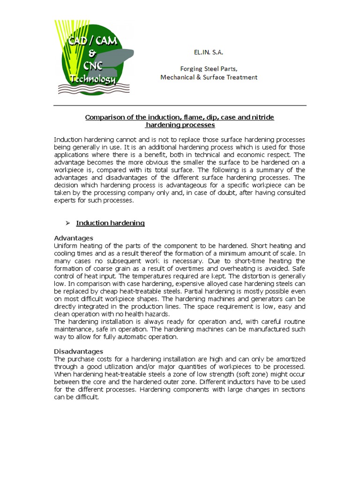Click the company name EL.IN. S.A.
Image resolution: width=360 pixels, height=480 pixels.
[209, 53]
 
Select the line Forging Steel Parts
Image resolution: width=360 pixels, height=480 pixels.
[209, 68]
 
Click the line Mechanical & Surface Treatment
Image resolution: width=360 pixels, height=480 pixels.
[209, 77]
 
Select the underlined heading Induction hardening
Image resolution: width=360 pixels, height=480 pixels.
[110, 223]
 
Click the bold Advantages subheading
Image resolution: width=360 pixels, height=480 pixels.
[74, 238]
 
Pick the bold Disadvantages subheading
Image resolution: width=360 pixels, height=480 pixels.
[78, 351]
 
